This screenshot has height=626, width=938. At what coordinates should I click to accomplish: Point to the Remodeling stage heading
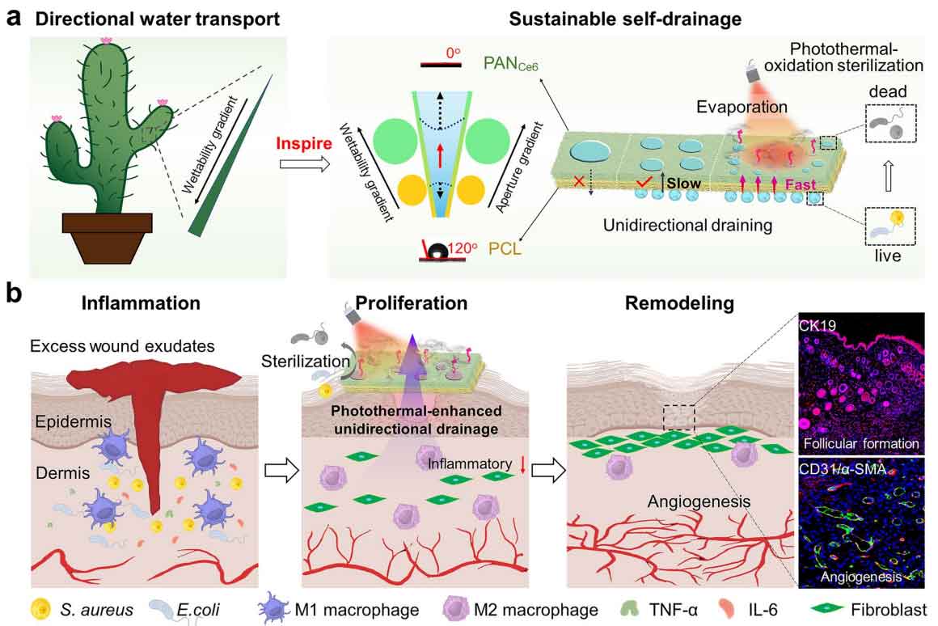679,304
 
